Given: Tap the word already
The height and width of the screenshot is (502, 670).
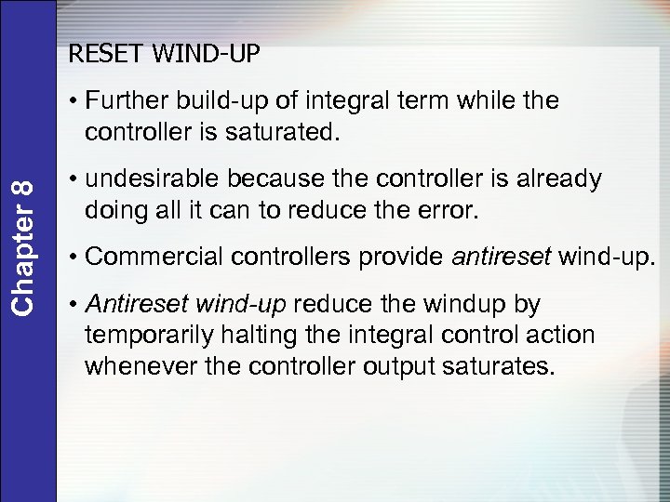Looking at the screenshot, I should click(553, 179).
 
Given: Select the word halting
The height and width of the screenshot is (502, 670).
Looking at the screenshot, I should click(263, 336).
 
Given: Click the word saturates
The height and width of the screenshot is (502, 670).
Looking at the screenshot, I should click(502, 366).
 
